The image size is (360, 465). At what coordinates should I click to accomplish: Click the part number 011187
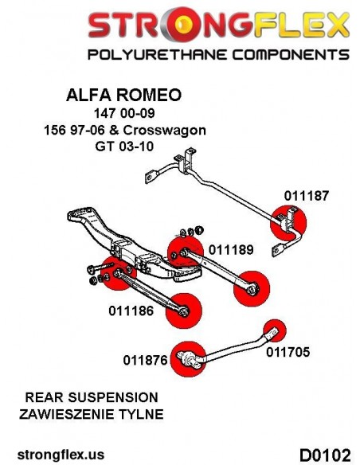307,196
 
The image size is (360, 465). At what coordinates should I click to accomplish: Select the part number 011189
231,250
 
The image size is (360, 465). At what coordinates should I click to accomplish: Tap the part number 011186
131,311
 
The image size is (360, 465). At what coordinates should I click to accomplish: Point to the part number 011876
145,360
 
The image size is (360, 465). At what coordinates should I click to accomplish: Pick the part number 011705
288,352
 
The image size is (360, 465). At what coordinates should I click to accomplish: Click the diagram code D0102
325,455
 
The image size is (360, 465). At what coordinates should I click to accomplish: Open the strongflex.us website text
61,455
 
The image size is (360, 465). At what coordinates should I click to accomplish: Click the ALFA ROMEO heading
123,95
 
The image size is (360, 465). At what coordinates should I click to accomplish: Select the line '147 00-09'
124,113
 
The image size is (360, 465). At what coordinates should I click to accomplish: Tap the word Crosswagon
164,131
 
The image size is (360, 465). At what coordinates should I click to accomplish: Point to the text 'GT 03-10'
124,147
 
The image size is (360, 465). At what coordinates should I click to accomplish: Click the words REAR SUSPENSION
92,397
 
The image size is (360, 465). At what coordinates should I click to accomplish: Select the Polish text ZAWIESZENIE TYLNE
92,414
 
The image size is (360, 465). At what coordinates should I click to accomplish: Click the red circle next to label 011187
288,223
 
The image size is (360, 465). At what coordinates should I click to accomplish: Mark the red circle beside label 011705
275,330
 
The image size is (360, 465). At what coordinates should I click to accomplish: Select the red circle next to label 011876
189,359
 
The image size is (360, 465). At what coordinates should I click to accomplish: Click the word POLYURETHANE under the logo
158,55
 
